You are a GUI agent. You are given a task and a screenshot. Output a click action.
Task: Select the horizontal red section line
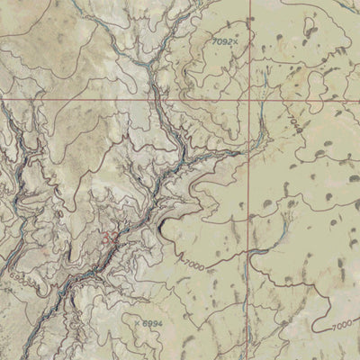[90, 100]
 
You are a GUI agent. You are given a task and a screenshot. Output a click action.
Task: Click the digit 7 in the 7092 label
[216, 41]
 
